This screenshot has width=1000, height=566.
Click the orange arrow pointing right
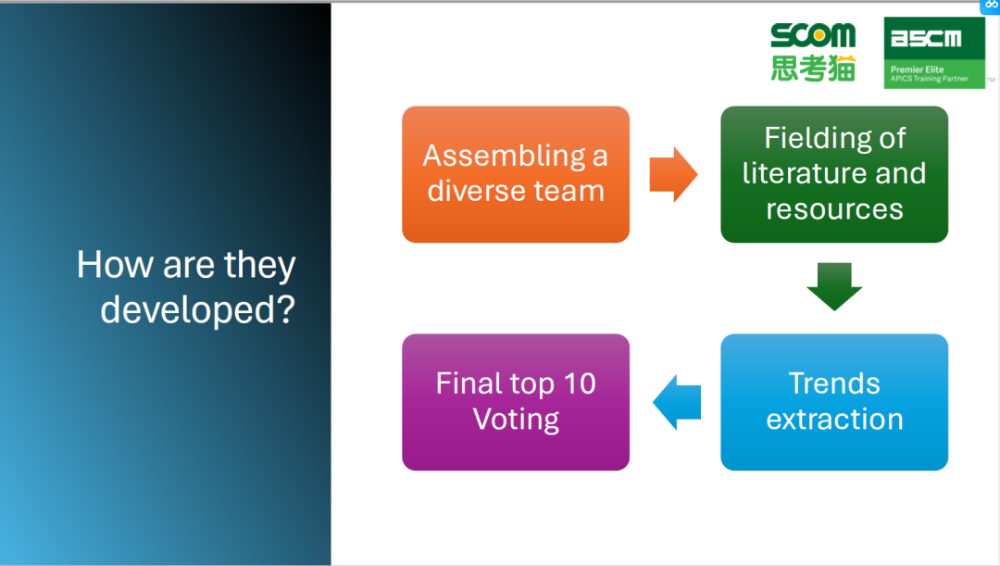pos(672,174)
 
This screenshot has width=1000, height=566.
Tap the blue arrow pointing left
pos(678,402)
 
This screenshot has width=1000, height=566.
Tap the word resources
pos(834,208)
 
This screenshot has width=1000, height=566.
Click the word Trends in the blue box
pos(834,384)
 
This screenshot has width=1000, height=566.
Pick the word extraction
pos(834,419)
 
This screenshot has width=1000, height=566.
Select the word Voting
pos(516,419)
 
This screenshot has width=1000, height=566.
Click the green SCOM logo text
pos(813,37)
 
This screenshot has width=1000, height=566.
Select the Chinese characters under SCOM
pos(813,68)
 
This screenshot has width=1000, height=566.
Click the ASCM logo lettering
pos(926,39)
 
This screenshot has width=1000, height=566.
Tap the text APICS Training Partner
pos(930,79)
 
